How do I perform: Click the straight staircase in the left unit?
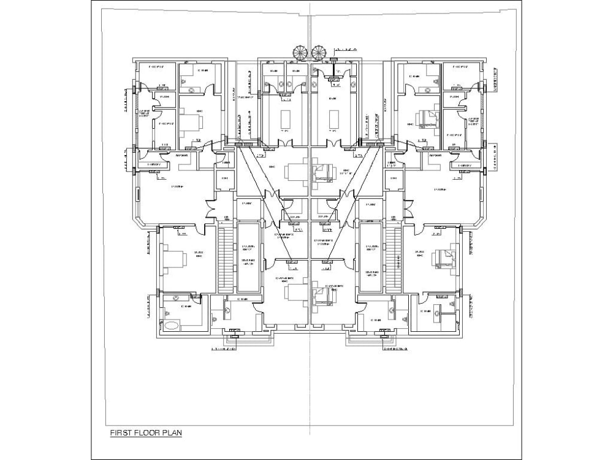(226, 258)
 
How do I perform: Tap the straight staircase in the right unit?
(393, 258)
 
